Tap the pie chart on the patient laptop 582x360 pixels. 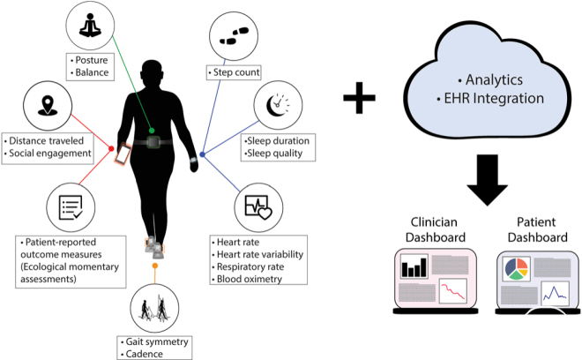tap(517, 268)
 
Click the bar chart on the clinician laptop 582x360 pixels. tap(412, 267)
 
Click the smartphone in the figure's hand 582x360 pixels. tap(123, 154)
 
